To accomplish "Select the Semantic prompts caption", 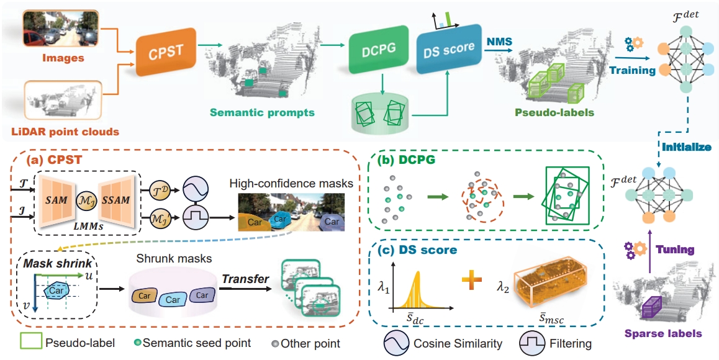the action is click(262, 112).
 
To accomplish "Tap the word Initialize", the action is click(686, 147).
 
